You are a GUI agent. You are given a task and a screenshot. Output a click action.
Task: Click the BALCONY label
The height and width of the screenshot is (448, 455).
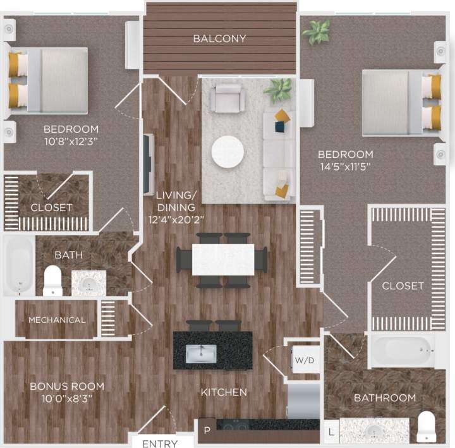[219, 39]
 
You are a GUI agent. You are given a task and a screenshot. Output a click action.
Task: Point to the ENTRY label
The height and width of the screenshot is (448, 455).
[159, 444]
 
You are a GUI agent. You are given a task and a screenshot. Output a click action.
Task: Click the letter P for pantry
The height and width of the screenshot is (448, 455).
[207, 431]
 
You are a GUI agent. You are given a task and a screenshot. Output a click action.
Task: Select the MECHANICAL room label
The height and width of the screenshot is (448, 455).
[57, 320]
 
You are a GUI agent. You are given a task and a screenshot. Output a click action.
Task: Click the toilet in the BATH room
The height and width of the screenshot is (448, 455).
[52, 280]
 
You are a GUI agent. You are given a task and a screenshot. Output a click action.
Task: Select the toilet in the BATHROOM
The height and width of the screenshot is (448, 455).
[427, 427]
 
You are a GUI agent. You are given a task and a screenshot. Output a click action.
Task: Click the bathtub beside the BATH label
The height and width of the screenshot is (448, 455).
[19, 265]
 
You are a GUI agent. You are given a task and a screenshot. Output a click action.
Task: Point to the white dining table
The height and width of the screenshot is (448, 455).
[222, 259]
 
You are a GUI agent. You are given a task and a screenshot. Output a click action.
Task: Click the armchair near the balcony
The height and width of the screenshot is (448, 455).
[227, 97]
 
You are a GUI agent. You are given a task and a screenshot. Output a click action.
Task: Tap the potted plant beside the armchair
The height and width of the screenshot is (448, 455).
[278, 90]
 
